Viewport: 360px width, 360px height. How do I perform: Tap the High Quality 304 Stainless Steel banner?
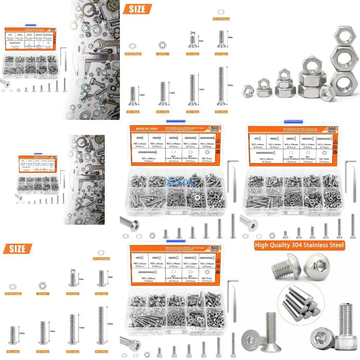(300, 245)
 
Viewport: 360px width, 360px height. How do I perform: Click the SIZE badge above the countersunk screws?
(137, 9)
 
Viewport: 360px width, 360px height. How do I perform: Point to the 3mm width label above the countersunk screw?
(192, 32)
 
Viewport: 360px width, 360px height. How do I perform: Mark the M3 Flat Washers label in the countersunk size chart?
(132, 54)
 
